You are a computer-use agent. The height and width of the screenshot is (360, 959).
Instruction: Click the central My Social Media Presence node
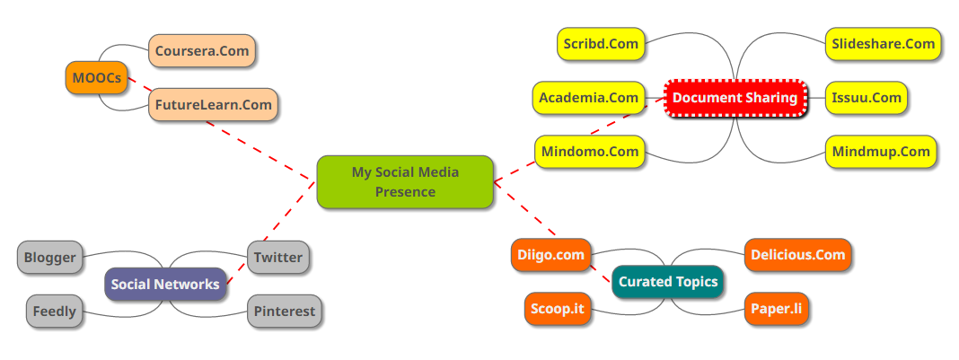405,181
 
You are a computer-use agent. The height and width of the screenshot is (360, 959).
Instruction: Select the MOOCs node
97,78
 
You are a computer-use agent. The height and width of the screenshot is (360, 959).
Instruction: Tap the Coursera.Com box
202,51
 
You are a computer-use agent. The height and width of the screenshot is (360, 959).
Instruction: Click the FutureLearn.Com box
213,105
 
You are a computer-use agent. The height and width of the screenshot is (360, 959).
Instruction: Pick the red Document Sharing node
735,98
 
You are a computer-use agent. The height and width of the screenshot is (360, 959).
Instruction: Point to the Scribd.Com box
600,44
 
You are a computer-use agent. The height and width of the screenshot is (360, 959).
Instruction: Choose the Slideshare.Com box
883,44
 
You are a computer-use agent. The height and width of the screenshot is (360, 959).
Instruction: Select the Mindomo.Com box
590,152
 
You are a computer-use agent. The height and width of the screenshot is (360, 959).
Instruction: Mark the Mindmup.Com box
880,152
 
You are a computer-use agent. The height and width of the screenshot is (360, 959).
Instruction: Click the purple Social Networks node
165,285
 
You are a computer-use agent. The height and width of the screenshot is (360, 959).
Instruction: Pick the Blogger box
50,258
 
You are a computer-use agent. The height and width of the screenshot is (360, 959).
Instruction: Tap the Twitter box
278,258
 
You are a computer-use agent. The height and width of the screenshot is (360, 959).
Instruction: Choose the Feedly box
55,312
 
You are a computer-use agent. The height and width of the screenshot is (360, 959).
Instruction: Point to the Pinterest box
284,312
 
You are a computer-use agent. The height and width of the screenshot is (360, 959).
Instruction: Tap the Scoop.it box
558,309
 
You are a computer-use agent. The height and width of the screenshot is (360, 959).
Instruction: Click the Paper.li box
783,309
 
